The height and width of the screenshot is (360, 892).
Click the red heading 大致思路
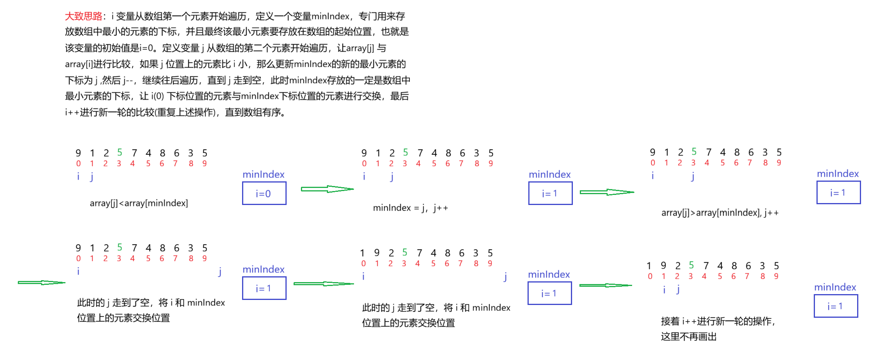[84, 16]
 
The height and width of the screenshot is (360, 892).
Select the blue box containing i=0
[264, 193]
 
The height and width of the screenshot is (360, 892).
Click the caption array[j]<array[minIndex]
[139, 203]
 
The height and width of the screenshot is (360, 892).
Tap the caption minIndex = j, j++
[410, 208]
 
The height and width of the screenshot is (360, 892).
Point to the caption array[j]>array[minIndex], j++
[720, 213]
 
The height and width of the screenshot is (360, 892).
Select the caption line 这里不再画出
[689, 336]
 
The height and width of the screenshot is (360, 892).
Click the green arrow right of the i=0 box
[327, 189]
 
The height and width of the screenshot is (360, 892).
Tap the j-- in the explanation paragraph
[128, 80]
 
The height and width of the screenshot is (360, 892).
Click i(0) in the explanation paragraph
[158, 96]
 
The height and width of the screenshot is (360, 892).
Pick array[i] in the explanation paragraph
[75, 64]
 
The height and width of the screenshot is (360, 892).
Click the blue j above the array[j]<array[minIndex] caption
[92, 177]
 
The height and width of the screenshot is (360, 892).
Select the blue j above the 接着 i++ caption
[678, 289]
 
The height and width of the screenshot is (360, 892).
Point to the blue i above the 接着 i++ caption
[664, 289]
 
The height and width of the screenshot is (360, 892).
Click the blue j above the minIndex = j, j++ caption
[392, 177]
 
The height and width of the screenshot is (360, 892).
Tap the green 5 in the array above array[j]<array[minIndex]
[120, 152]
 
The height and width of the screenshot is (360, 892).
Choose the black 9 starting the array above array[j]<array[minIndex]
[78, 153]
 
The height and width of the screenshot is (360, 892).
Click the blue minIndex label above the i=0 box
[263, 174]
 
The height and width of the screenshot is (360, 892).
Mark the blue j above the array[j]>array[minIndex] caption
[693, 176]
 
